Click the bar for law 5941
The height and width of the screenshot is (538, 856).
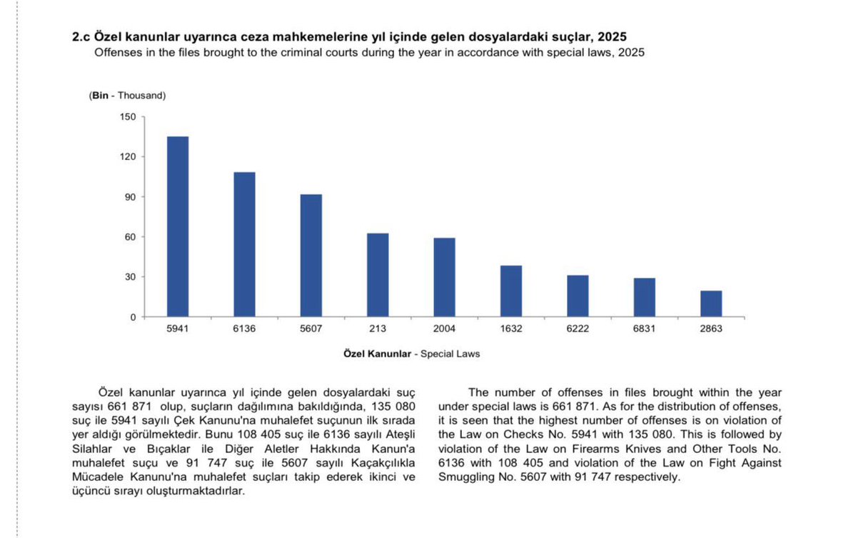pyautogui.click(x=178, y=226)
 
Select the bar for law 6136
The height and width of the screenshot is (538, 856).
pyautogui.click(x=244, y=244)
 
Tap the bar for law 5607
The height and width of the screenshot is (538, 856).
pyautogui.click(x=311, y=256)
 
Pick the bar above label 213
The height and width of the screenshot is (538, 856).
pyautogui.click(x=378, y=275)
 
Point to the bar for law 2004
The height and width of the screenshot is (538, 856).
pyautogui.click(x=444, y=277)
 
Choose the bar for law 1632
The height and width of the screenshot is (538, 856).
pyautogui.click(x=511, y=291)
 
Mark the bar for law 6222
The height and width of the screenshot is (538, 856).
pyautogui.click(x=578, y=296)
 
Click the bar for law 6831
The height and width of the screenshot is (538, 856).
pyautogui.click(x=644, y=297)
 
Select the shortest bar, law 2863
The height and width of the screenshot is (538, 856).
pyautogui.click(x=711, y=304)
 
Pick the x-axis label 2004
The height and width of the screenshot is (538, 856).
pyautogui.click(x=444, y=329)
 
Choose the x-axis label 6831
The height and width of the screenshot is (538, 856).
pyautogui.click(x=644, y=329)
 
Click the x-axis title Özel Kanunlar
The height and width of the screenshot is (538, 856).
pyautogui.click(x=376, y=353)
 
